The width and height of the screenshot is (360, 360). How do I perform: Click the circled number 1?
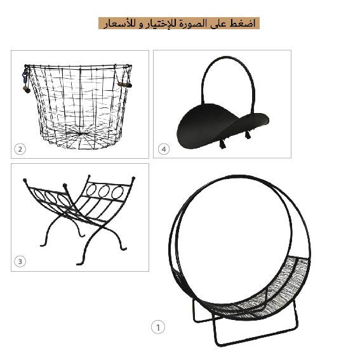pyautogui.click(x=158, y=327)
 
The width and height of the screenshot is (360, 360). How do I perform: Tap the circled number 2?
pyautogui.click(x=20, y=149)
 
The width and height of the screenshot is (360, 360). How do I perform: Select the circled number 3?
pyautogui.click(x=20, y=262)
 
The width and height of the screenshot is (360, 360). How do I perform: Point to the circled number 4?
pyautogui.click(x=164, y=149)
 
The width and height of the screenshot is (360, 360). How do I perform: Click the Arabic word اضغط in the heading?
pyautogui.click(x=243, y=23)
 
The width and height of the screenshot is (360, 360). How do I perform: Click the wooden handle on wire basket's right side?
pyautogui.click(x=124, y=84)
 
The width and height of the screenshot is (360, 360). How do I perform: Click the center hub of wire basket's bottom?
pyautogui.click(x=80, y=133)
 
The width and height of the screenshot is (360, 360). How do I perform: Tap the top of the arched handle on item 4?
pyautogui.click(x=227, y=57)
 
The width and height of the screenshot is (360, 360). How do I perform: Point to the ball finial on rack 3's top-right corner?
pyautogui.click(x=133, y=178)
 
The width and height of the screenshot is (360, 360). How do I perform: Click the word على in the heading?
pyautogui.click(x=218, y=24)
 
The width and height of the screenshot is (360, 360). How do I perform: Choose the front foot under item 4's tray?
pyautogui.click(x=222, y=144)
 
